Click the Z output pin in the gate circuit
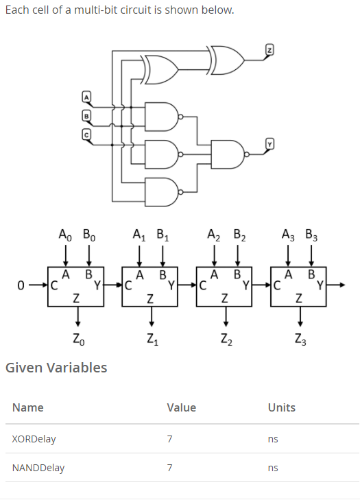coord(270,50)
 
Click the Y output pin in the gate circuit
coord(270,143)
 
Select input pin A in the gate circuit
coord(86,96)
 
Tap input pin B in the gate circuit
coord(86,116)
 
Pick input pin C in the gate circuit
coord(86,135)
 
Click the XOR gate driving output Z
coord(227,60)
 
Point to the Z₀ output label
coord(77,337)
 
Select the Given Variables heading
coord(56,368)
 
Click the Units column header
coord(281,407)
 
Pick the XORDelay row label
coord(34,438)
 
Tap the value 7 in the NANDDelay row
coord(169,468)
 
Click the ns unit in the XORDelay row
coord(273,438)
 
